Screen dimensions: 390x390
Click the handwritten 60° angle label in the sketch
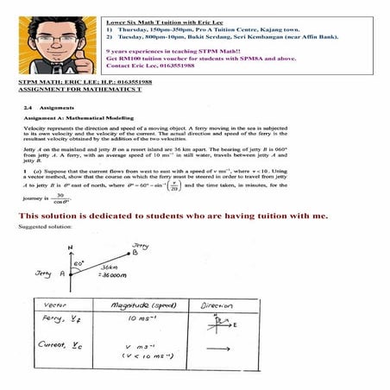point(79,261)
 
